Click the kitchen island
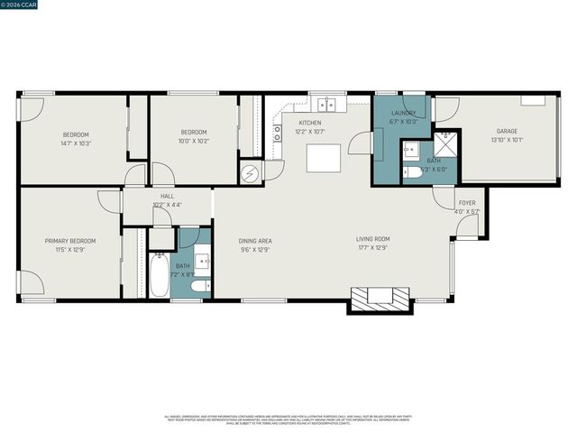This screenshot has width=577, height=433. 324,157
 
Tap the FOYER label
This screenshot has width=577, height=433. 467,203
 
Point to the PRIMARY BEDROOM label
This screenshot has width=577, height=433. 70,241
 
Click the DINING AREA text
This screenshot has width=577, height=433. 255,241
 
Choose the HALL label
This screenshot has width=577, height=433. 167,196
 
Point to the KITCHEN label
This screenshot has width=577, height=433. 310,123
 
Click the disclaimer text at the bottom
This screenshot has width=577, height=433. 288,419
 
